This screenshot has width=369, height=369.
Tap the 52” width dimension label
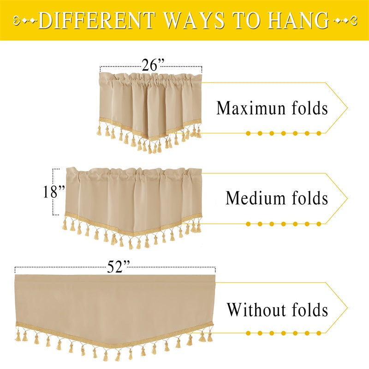pos(119,267)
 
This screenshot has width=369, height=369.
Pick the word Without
pos(255,309)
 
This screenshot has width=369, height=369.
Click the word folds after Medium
pos(307,198)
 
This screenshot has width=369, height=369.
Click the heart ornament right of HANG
pos(352,21)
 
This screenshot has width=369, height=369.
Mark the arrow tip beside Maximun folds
pos(347,108)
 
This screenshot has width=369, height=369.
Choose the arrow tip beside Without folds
pos(347,308)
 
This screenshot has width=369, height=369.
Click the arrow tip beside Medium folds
pos(347,199)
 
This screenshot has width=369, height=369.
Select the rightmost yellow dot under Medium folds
pos(319,224)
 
